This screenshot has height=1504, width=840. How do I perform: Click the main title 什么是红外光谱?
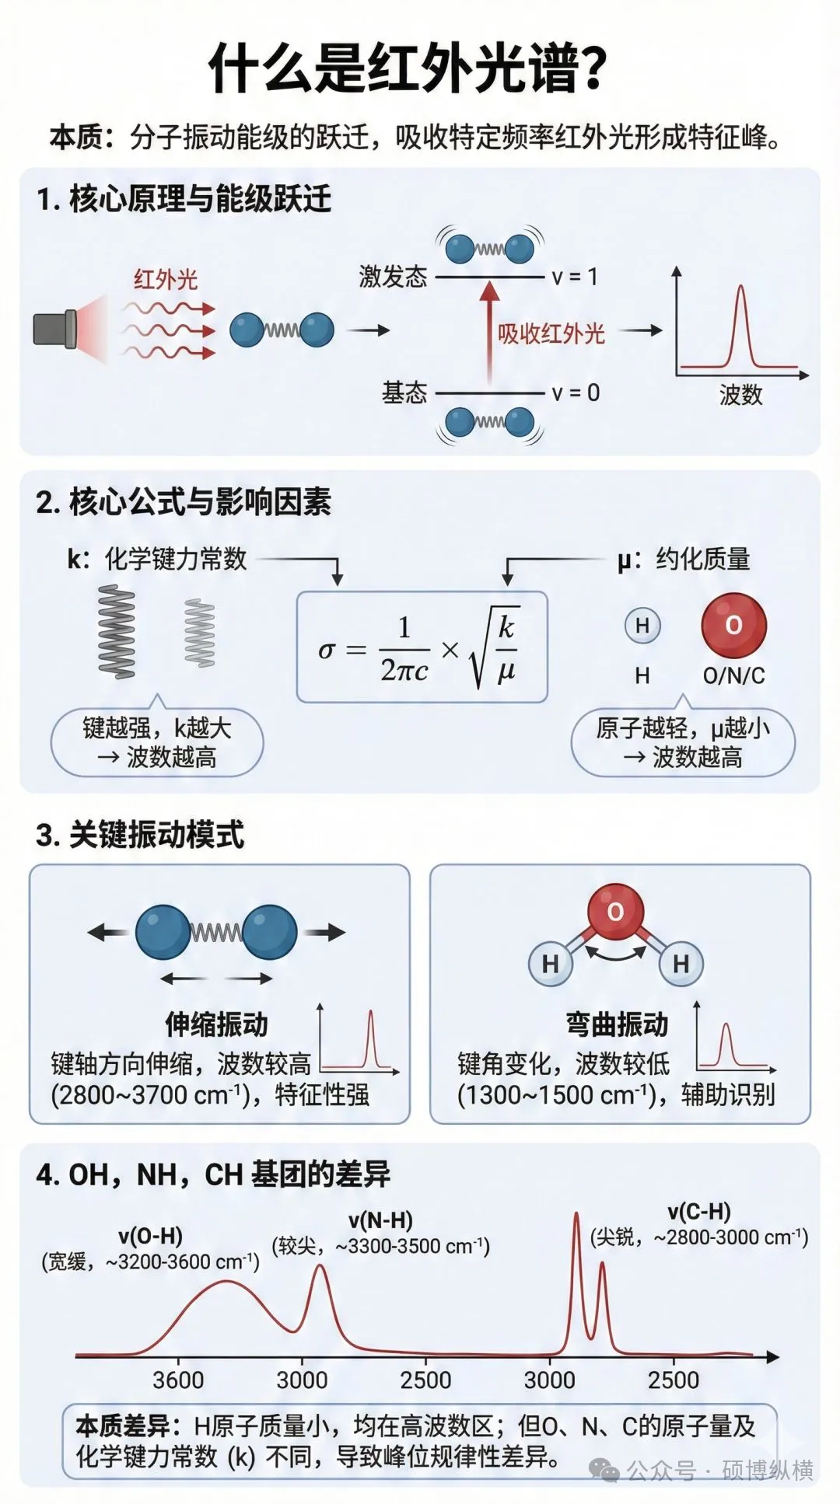click(408, 68)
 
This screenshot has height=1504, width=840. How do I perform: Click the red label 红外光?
click(165, 279)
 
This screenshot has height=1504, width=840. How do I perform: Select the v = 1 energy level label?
click(574, 277)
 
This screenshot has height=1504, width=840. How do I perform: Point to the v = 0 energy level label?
click(575, 393)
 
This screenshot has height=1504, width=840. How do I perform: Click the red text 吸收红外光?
click(551, 333)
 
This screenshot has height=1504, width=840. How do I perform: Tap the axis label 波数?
click(740, 395)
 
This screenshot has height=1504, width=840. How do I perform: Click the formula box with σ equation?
click(422, 647)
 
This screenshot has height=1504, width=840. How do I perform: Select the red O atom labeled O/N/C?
click(733, 626)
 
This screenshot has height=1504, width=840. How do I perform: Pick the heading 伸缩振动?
click(216, 1024)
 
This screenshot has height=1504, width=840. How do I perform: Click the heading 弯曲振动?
click(617, 1024)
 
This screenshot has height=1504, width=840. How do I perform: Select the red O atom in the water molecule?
click(615, 912)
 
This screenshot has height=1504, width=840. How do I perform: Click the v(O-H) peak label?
click(150, 1236)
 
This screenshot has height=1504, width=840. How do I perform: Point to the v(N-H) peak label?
click(380, 1220)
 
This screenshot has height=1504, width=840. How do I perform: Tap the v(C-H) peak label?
click(698, 1211)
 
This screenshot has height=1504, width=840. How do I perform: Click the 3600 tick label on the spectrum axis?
click(178, 1380)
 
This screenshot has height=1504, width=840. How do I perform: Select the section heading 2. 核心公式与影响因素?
click(184, 502)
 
